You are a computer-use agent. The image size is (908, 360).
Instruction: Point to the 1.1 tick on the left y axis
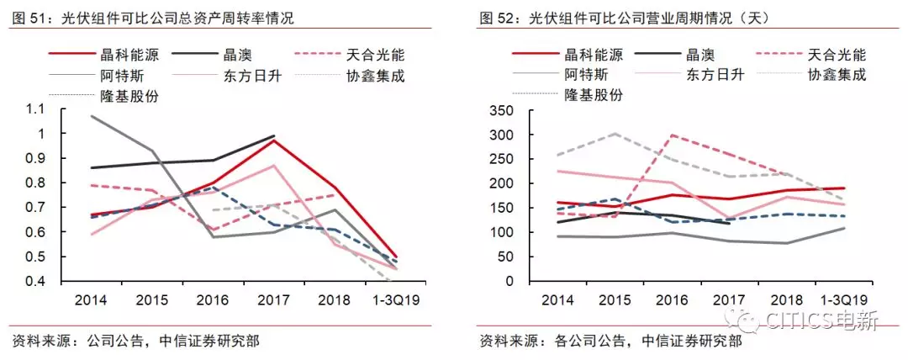coord(33,109)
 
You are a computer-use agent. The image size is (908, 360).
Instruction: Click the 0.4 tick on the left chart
coord(33,281)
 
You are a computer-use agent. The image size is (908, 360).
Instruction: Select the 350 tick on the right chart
coord(501,110)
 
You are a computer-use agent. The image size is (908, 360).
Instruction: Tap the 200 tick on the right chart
coord(501,183)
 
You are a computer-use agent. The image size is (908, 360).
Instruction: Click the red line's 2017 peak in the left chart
coord(273,140)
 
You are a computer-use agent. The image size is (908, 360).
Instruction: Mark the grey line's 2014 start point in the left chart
coord(91,115)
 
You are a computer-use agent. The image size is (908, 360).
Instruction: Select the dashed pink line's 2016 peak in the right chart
coord(671,135)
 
